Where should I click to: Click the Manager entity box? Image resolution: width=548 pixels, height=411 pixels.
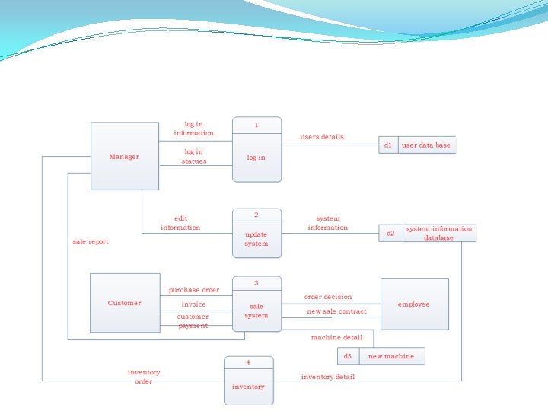(125, 156)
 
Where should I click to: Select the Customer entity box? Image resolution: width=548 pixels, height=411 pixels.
(125, 303)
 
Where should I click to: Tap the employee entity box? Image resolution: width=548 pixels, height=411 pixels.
(414, 304)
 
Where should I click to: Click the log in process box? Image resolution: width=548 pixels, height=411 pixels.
(256, 149)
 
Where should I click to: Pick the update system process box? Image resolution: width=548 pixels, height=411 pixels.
(256, 234)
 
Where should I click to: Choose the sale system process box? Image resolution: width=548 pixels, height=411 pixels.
(256, 304)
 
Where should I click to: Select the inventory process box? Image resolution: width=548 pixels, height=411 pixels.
(248, 381)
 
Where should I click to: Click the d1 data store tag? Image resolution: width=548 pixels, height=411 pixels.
(388, 145)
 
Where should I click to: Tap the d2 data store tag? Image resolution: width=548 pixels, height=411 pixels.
(390, 233)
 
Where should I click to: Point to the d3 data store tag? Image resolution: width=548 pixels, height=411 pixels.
(348, 356)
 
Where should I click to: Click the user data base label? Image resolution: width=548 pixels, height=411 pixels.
(426, 145)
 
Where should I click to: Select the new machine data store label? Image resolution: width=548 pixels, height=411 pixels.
(391, 356)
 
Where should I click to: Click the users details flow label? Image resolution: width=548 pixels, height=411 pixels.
(322, 137)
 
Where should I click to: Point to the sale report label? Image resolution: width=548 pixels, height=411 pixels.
(91, 241)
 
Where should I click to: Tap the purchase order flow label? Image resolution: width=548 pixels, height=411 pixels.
(194, 290)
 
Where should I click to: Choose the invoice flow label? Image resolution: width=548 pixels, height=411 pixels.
(193, 304)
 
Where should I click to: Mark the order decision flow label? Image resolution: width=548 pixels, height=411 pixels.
(328, 297)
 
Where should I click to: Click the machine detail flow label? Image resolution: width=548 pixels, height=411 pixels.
(336, 337)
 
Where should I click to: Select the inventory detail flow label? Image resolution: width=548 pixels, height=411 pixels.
(327, 377)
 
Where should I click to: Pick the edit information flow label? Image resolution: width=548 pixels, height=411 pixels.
(180, 223)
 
